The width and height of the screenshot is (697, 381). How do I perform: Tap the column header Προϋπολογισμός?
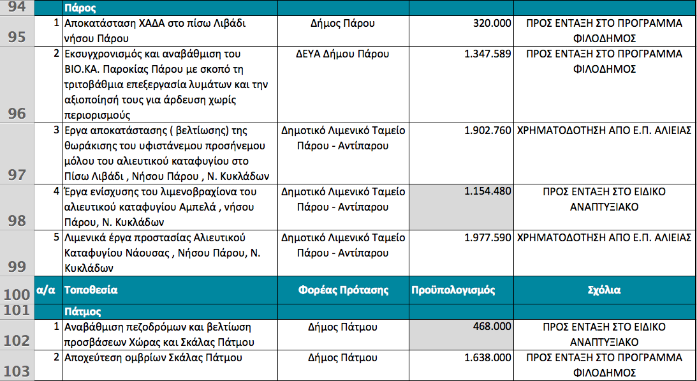pyautogui.click(x=453, y=290)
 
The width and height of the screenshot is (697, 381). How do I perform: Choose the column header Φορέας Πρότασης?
pyautogui.click(x=343, y=290)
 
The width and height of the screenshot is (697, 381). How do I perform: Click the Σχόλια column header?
pyautogui.click(x=604, y=290)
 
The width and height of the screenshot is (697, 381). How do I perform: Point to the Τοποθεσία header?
pyautogui.click(x=91, y=290)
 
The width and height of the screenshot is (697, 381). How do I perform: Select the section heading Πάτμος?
pyautogui.click(x=84, y=312)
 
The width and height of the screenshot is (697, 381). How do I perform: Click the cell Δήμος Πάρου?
pyautogui.click(x=343, y=24)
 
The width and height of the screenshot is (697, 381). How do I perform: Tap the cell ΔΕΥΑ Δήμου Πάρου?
pyautogui.click(x=343, y=54)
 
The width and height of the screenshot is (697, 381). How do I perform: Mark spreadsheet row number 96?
pyautogui.click(x=17, y=114)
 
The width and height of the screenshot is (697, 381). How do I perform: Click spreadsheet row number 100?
pyautogui.click(x=17, y=294)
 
